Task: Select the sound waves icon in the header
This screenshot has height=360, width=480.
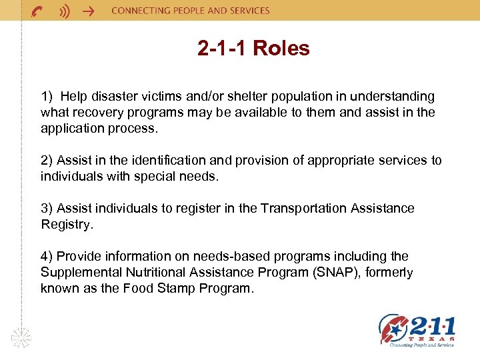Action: tap(64, 11)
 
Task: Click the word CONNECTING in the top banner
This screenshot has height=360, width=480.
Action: tap(139, 11)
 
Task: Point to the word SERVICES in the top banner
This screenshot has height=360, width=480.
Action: tap(247, 11)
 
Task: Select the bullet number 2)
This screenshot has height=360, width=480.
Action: tap(47, 161)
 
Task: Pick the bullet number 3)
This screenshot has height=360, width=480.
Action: tap(47, 209)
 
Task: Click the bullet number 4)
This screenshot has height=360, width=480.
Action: tap(47, 257)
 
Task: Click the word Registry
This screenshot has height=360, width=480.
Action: tap(65, 225)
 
